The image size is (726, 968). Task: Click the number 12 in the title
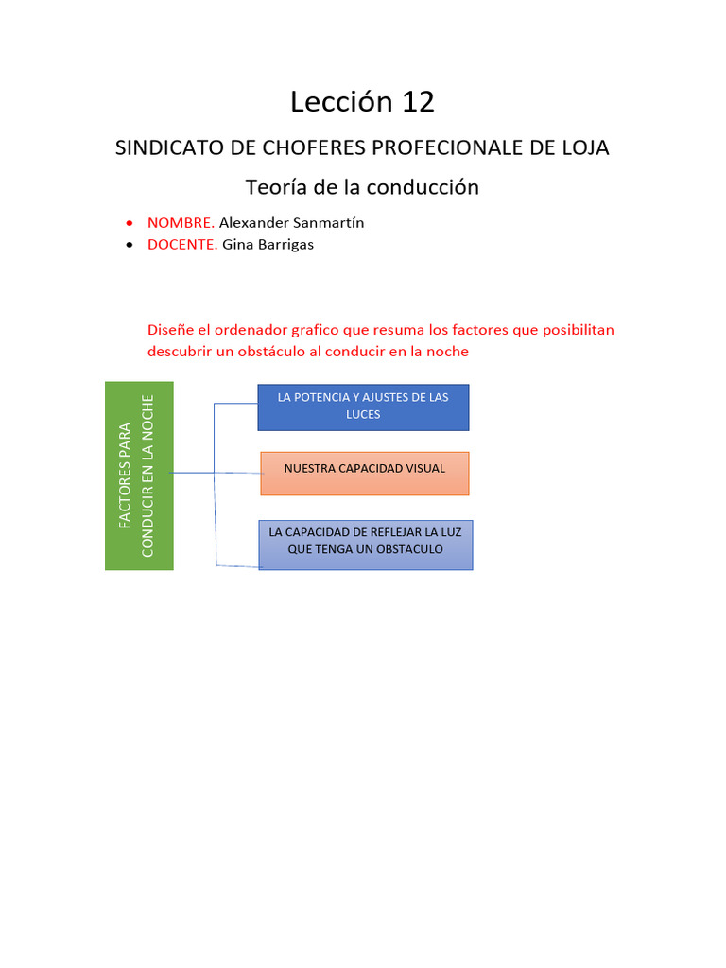click(x=418, y=102)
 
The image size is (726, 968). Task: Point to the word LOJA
click(x=585, y=148)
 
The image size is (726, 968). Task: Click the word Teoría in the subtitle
click(x=276, y=187)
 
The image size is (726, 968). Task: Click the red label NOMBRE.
click(x=181, y=223)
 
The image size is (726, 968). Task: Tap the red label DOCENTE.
click(x=182, y=244)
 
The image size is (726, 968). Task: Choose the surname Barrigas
click(x=281, y=244)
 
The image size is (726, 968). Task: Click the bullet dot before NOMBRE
click(x=130, y=224)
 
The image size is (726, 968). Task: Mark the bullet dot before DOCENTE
click(x=130, y=245)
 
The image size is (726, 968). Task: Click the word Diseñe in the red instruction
click(x=171, y=330)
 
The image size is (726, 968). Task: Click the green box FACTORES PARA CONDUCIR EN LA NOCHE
click(x=139, y=475)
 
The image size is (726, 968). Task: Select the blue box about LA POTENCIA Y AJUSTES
click(x=363, y=407)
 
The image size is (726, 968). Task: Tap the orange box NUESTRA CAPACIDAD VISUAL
click(x=364, y=473)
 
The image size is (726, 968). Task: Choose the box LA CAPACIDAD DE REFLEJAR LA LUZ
click(x=365, y=544)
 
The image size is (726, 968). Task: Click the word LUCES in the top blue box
click(x=363, y=415)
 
